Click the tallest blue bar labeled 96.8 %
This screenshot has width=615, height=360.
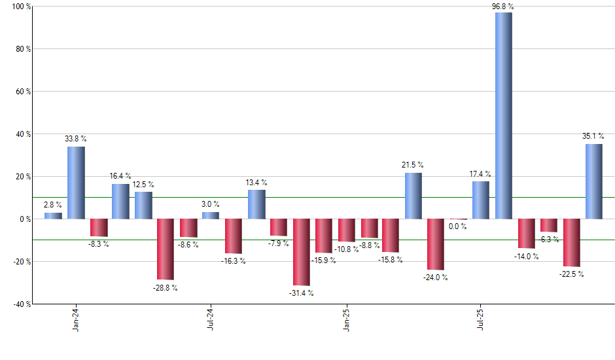tap(504, 115)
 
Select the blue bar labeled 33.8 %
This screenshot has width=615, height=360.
tap(76, 183)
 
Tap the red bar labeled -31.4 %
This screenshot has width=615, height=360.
tap(301, 252)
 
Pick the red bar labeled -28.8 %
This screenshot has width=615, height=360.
tap(166, 249)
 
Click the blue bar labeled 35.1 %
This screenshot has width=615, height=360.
tap(593, 181)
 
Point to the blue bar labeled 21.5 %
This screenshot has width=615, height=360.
tap(413, 196)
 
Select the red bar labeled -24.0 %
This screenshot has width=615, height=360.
tap(436, 244)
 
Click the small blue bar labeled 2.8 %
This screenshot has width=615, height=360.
tap(53, 215)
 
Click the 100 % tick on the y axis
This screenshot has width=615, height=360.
tap(20, 7)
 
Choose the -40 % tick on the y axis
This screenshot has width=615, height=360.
tap(20, 304)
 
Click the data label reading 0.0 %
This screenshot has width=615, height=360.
tap(458, 226)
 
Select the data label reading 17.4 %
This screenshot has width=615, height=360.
tap(481, 174)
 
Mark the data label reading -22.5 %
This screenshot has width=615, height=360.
tap(571, 274)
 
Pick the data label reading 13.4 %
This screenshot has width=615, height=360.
tap(256, 183)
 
